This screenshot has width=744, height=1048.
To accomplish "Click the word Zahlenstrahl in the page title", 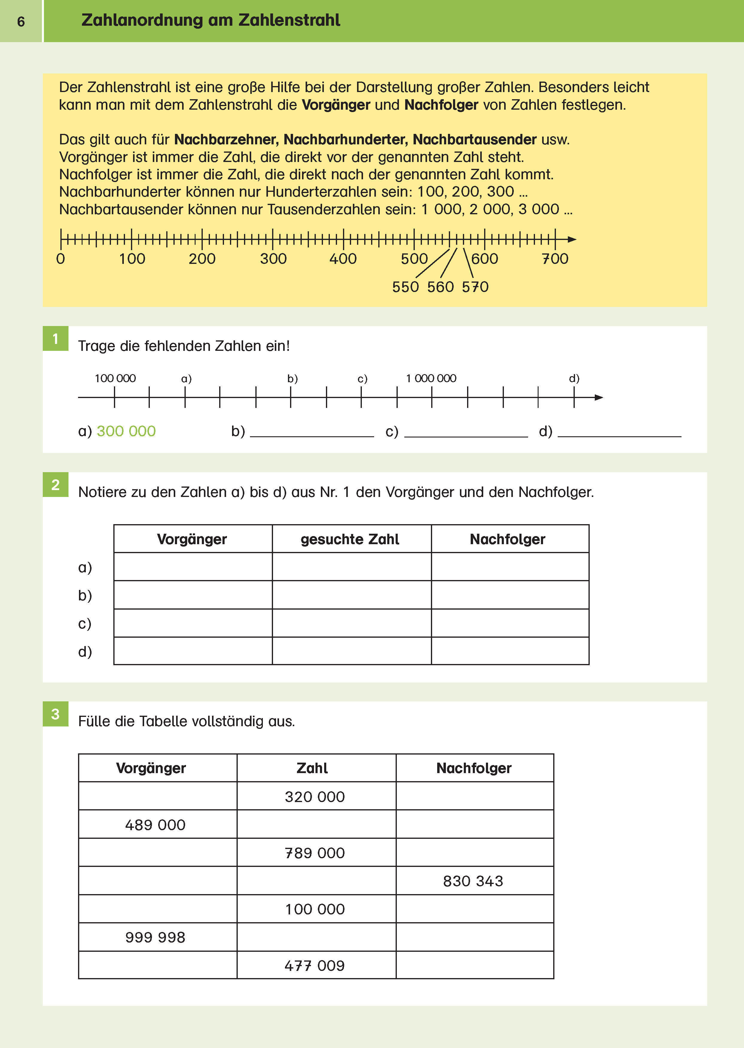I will [289, 20].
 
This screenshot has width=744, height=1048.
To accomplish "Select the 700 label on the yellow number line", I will [555, 259].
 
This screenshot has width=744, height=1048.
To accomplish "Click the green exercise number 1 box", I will [55, 339].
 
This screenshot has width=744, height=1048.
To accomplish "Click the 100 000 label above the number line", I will [115, 379].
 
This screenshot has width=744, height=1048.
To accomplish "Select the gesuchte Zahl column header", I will [350, 539].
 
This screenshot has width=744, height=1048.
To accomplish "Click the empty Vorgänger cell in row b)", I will [193, 595].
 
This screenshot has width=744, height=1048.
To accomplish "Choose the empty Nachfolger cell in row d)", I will [510, 651].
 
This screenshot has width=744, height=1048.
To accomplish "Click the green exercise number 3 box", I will [55, 714].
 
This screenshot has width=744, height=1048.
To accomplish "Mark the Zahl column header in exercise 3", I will [312, 768].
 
